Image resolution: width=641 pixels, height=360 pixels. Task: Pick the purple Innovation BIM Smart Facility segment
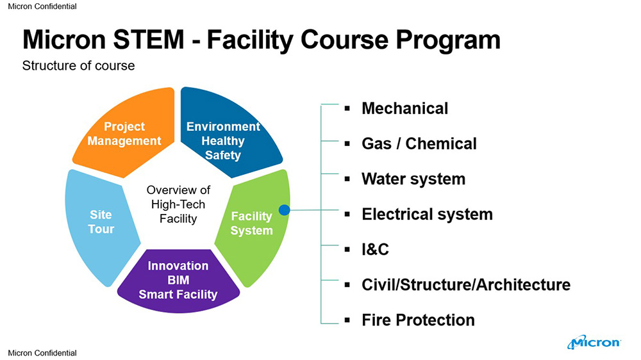click(x=178, y=281)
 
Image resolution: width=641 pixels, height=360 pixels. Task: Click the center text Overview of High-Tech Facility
click(x=178, y=204)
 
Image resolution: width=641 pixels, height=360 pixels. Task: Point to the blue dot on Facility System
click(x=285, y=210)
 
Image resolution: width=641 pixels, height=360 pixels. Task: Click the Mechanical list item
click(x=404, y=108)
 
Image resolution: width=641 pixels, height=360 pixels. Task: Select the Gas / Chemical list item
click(x=419, y=143)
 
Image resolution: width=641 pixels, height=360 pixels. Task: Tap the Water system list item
click(x=413, y=179)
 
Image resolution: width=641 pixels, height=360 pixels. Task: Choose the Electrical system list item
click(x=427, y=214)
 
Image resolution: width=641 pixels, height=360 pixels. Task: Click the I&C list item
click(x=375, y=249)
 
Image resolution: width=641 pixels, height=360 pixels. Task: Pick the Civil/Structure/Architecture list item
click(x=466, y=285)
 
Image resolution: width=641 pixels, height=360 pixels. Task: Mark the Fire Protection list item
click(x=418, y=320)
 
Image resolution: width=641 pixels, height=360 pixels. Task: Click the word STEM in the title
click(x=149, y=40)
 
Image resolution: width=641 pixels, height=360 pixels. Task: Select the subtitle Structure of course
click(x=78, y=65)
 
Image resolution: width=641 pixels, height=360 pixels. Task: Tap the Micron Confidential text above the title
click(x=42, y=6)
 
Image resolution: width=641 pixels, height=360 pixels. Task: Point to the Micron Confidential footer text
click(x=42, y=353)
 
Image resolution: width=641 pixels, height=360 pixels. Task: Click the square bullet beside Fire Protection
click(x=347, y=320)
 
